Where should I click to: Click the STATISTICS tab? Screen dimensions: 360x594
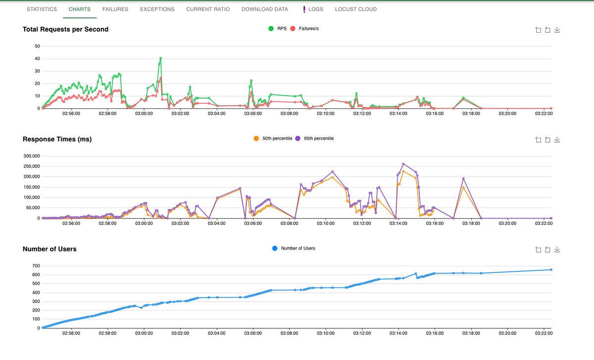pos(42,9)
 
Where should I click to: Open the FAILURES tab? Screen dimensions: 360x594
pos(115,9)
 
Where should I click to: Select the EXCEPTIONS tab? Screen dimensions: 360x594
pos(157,9)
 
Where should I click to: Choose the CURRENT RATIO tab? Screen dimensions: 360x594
pos(208,9)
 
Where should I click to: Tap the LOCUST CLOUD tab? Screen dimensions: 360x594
pos(355,9)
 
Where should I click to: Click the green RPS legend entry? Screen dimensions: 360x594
pos(277,29)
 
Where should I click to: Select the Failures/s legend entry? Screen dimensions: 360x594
pos(306,29)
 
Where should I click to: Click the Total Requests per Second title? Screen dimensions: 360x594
pos(65,29)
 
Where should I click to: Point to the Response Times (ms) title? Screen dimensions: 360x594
pos(57,139)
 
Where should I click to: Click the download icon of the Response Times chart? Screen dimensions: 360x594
pos(557,140)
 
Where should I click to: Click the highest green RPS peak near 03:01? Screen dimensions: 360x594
pos(161,58)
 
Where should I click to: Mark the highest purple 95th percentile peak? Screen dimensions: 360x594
pos(403,164)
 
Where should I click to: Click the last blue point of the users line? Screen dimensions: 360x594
pos(551,270)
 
